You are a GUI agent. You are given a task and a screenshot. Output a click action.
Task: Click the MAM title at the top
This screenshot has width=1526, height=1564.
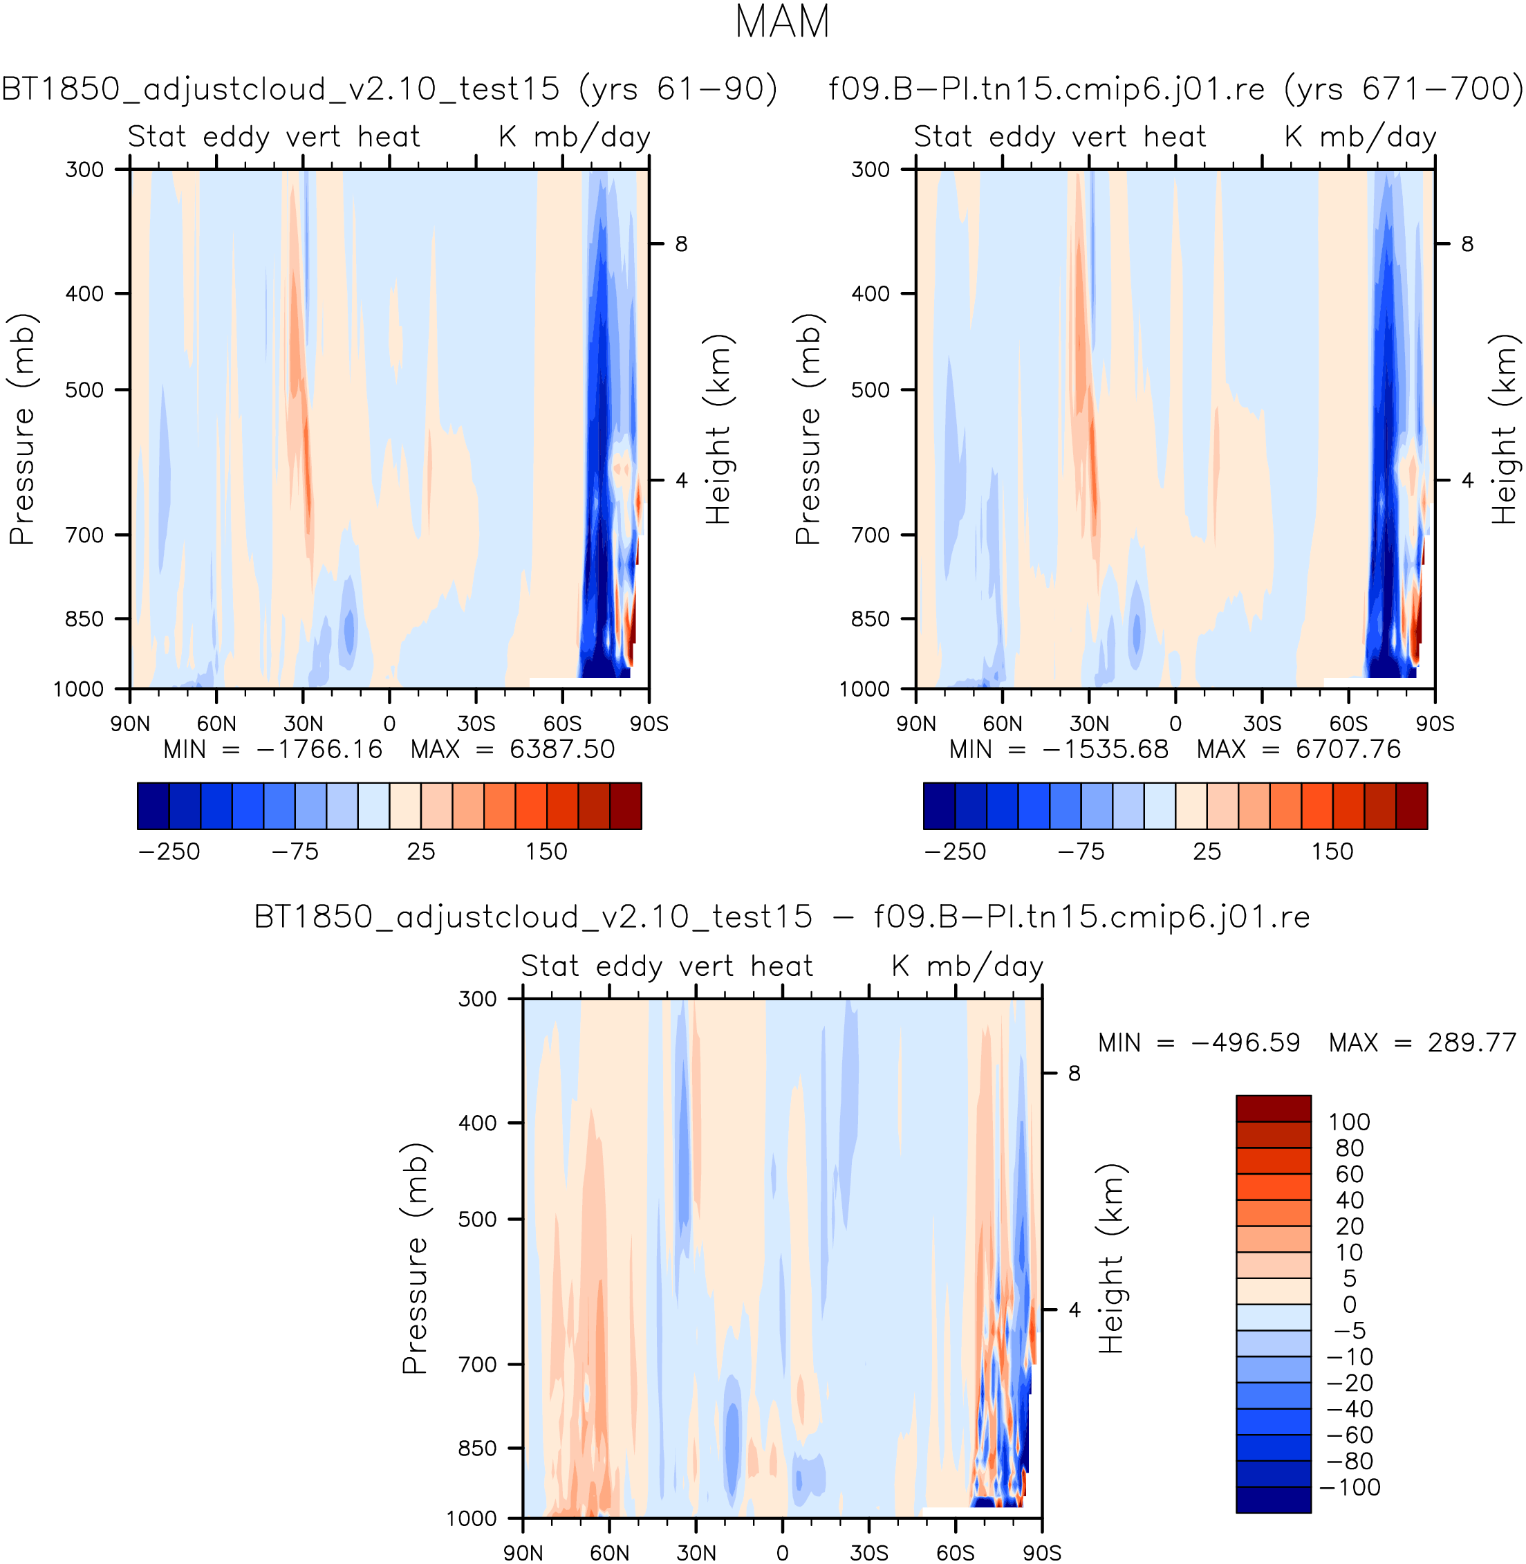[781, 22]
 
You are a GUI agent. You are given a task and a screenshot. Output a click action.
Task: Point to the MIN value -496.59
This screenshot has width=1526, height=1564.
[1245, 1042]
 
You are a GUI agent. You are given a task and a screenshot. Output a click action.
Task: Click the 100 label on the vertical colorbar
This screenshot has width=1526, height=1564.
[1349, 1121]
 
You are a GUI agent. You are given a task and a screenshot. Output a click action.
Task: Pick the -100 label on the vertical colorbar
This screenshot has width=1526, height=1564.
[1349, 1487]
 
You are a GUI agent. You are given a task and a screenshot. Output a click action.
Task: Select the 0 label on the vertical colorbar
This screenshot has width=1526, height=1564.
[1349, 1305]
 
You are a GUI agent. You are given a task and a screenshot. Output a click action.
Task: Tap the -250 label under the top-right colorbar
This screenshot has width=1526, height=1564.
[955, 852]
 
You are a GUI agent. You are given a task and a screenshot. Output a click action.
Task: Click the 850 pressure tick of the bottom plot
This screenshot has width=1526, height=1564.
[478, 1448]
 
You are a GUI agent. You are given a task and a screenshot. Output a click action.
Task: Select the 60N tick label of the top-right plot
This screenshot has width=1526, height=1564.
[1002, 724]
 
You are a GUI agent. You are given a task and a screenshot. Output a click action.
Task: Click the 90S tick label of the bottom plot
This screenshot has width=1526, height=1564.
[1041, 1553]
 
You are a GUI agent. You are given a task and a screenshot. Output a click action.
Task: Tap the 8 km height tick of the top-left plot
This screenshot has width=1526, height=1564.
[680, 243]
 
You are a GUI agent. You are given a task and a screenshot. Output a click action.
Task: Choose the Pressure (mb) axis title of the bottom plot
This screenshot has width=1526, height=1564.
[415, 1258]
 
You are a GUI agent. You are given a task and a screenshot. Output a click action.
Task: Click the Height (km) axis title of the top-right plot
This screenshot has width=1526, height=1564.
[1504, 429]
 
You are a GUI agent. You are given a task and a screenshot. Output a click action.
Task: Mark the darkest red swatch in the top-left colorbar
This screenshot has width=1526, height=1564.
[625, 806]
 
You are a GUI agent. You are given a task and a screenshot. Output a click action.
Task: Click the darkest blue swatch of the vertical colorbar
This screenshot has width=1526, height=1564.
[1274, 1499]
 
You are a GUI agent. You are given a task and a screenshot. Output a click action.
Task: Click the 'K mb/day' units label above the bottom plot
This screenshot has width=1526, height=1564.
[967, 966]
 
